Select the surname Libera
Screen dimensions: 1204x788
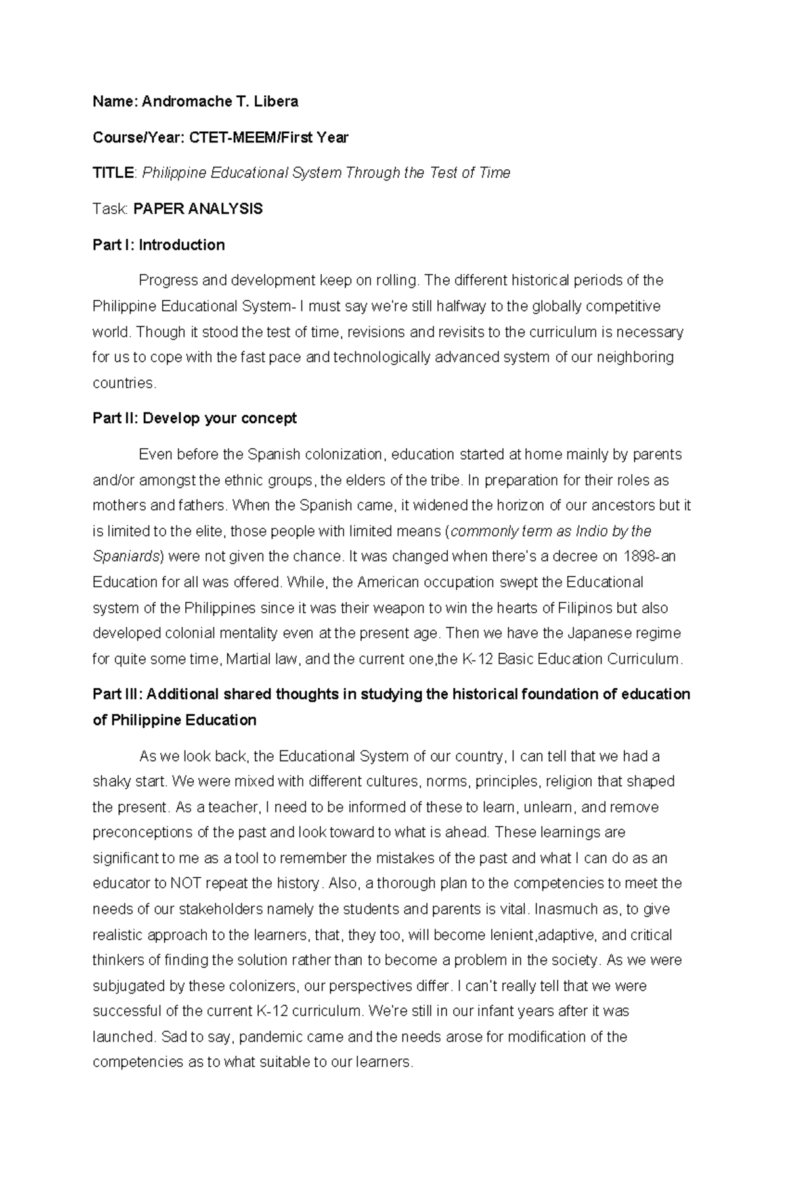coord(276,101)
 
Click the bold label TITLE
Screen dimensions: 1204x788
coord(113,173)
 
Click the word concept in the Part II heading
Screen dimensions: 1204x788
coord(269,418)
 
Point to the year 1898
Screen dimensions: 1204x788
coord(638,556)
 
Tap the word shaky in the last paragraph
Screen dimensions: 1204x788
coord(110,781)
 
